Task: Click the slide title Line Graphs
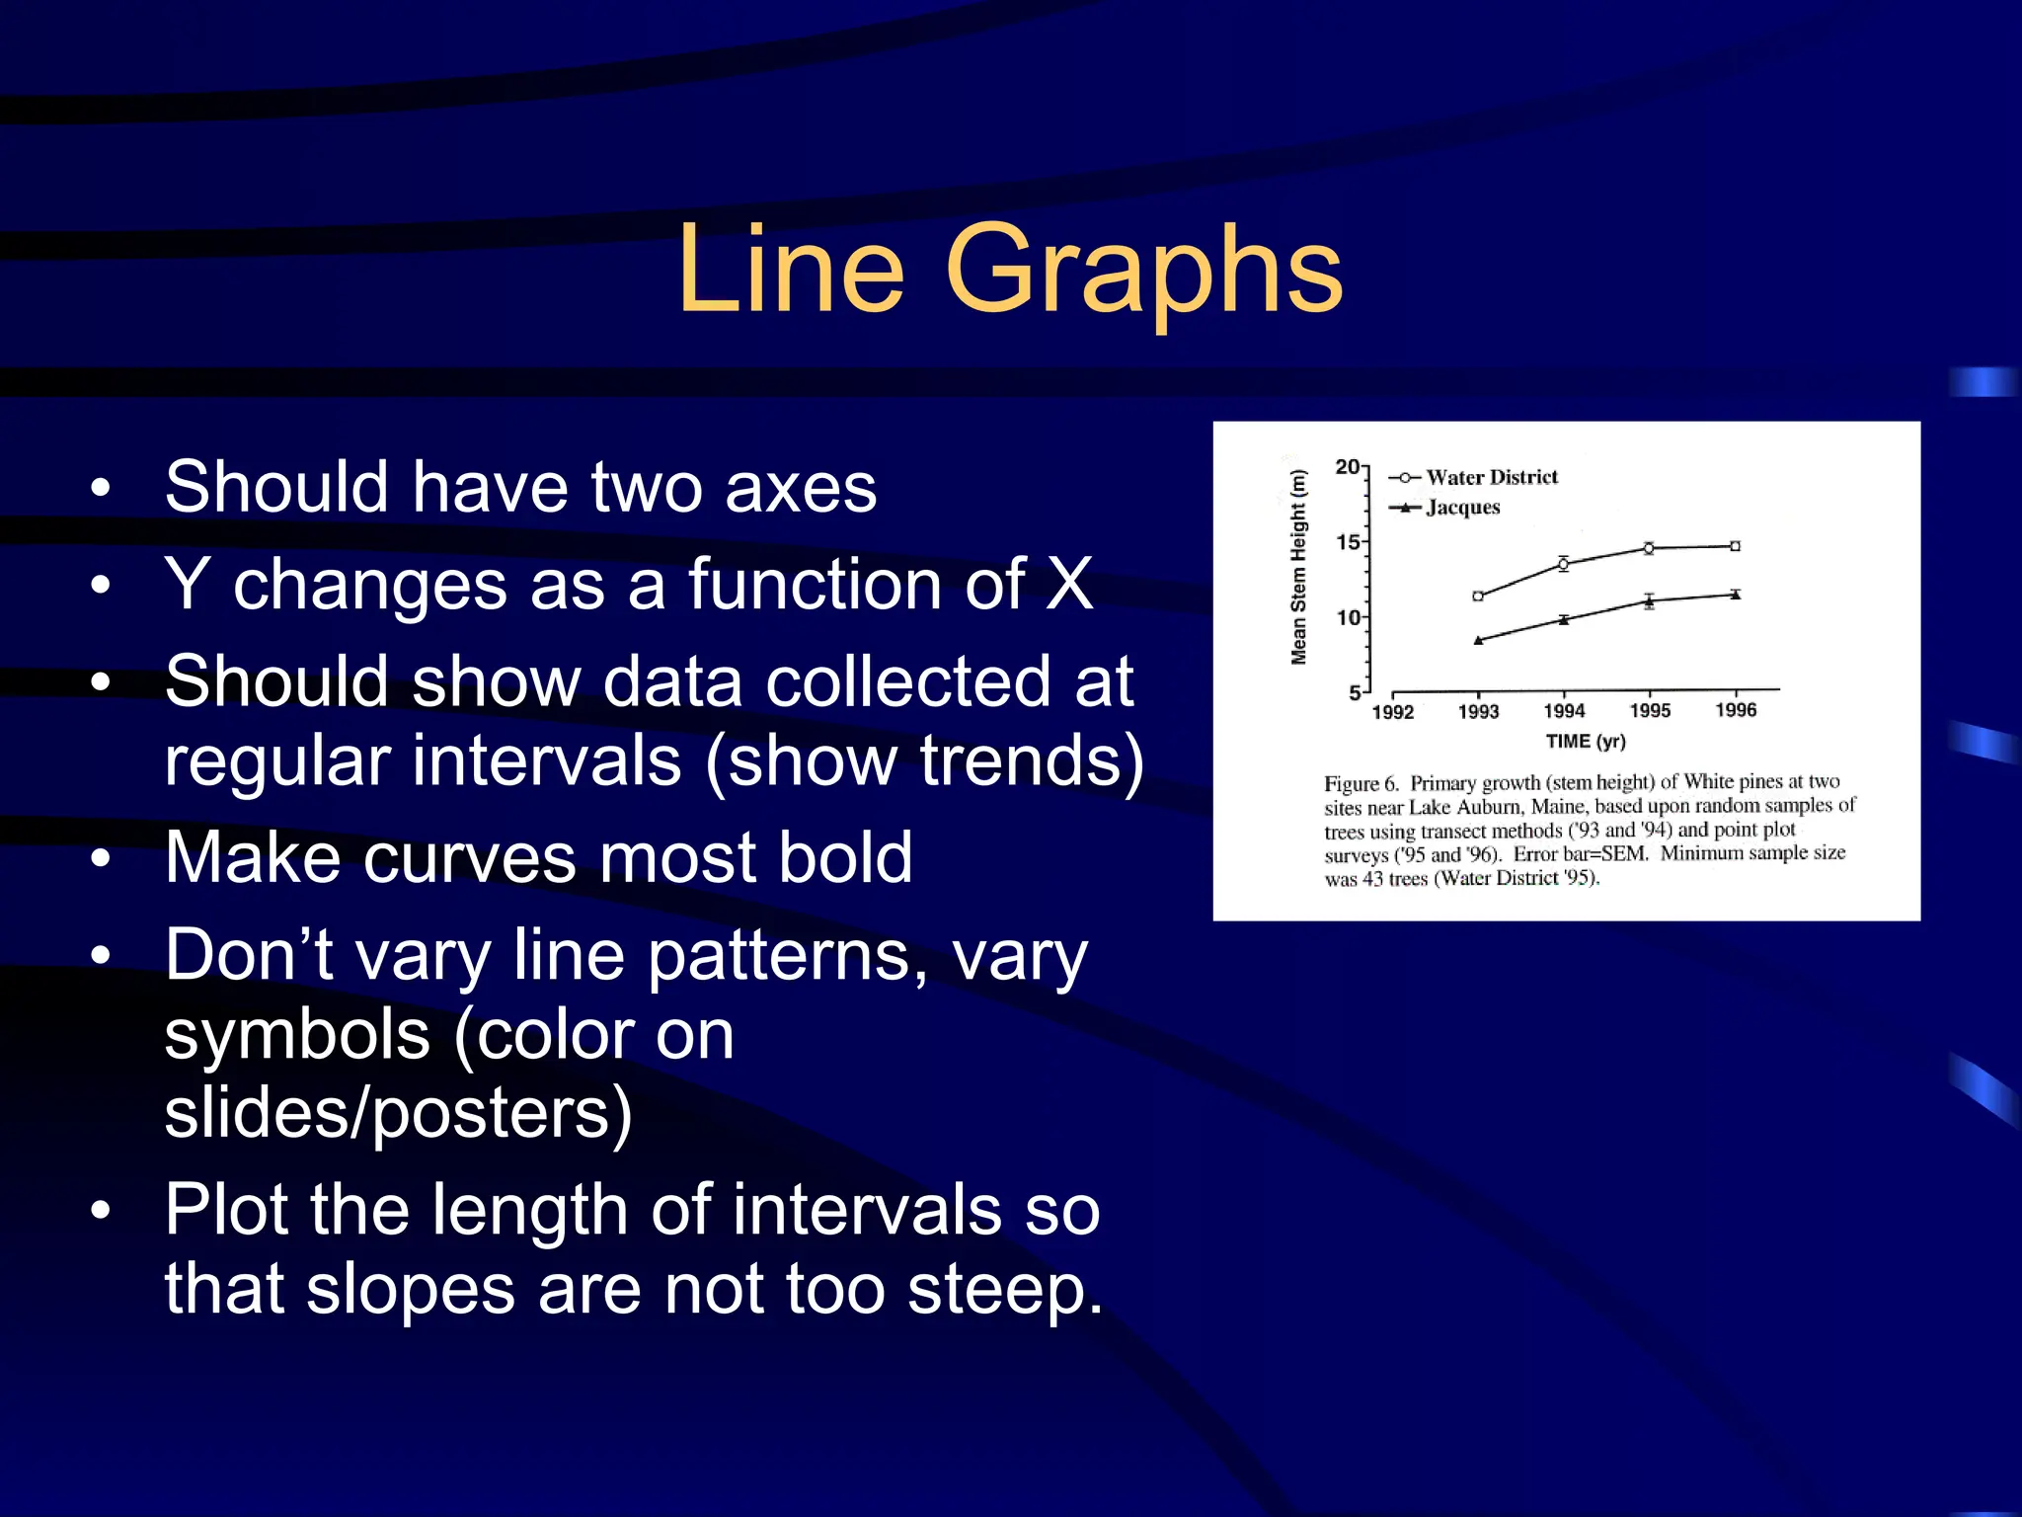point(1009,269)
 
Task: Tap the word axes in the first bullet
point(800,487)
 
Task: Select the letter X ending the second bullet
point(1069,584)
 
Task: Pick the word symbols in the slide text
point(296,1034)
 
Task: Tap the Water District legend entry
point(1491,477)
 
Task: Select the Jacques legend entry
point(1462,508)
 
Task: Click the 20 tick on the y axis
point(1347,466)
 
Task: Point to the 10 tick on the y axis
point(1348,617)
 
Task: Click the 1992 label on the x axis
point(1393,711)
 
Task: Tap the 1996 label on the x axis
point(1736,710)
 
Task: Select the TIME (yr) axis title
point(1586,741)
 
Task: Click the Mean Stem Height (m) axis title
point(1298,566)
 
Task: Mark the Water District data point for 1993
point(1478,596)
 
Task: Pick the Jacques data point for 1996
point(1736,595)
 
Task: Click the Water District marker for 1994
point(1563,564)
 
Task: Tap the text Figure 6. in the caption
point(1361,784)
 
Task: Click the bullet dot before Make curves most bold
point(100,858)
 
